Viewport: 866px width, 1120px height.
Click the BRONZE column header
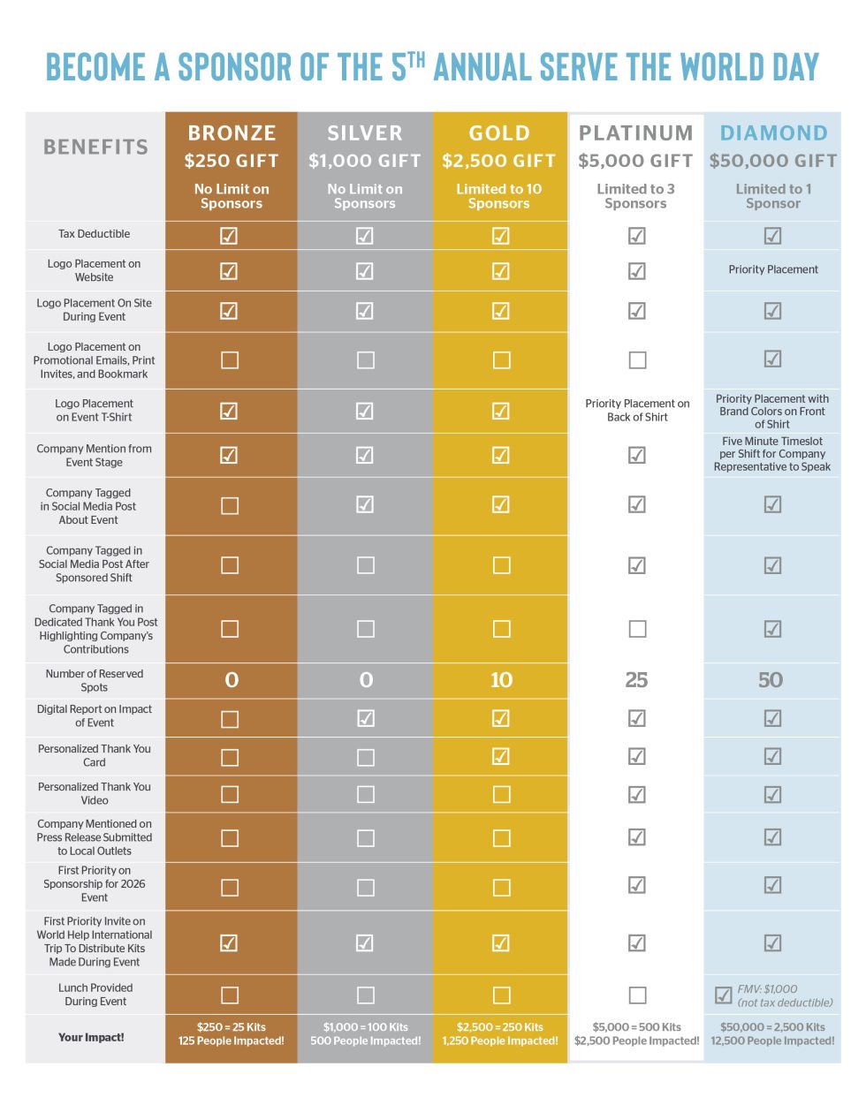(232, 133)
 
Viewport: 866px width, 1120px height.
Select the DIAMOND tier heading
(773, 133)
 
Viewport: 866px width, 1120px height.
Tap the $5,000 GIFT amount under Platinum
(635, 161)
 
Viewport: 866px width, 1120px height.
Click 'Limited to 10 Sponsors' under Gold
(499, 196)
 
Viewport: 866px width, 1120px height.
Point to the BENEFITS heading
(95, 147)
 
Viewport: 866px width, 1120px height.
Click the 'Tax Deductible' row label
(95, 234)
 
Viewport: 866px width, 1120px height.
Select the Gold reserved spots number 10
(501, 680)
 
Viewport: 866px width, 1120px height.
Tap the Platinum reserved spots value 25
(636, 680)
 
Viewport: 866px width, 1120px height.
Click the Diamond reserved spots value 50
(771, 680)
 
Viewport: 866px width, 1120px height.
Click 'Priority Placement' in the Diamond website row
(773, 269)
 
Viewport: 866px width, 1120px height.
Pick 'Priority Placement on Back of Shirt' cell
(637, 411)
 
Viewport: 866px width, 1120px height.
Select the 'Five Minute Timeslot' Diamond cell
(772, 454)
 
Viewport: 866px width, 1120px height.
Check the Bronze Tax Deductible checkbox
(229, 235)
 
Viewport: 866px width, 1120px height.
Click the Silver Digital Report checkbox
(365, 718)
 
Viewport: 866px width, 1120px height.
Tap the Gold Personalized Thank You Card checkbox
(501, 756)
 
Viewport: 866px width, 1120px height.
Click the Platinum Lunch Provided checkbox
(637, 995)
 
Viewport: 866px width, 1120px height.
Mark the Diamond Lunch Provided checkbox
(723, 995)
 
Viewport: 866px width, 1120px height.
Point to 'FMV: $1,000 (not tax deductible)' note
(785, 995)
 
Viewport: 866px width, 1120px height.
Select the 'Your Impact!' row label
(91, 1037)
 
